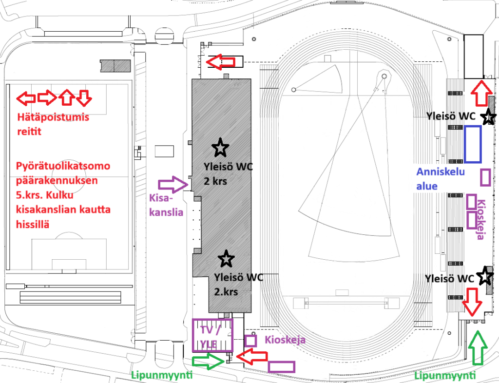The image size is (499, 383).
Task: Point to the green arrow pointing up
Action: pyautogui.click(x=478, y=348)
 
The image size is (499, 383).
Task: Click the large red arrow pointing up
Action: pyautogui.click(x=481, y=93)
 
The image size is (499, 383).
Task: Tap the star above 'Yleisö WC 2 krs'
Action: pyautogui.click(x=220, y=148)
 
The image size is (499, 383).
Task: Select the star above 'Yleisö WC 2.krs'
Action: pyautogui.click(x=226, y=259)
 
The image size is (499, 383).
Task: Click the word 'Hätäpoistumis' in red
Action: pyautogui.click(x=53, y=117)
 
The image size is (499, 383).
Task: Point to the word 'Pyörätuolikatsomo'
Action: pyautogui.click(x=63, y=166)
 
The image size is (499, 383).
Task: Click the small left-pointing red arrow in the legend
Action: pyautogui.click(x=26, y=98)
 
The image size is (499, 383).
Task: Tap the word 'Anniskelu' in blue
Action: pyautogui.click(x=441, y=172)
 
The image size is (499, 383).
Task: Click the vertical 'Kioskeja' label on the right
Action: pyautogui.click(x=481, y=219)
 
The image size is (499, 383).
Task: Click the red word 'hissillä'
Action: pyautogui.click(x=33, y=224)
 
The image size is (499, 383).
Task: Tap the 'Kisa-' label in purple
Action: pyautogui.click(x=161, y=198)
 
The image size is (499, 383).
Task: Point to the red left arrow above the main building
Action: pyautogui.click(x=221, y=62)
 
